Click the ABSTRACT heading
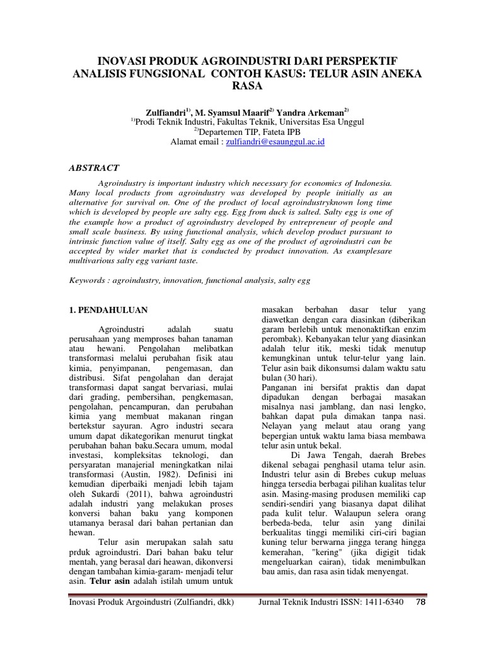[x=93, y=168]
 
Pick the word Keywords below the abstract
[x=88, y=279]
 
